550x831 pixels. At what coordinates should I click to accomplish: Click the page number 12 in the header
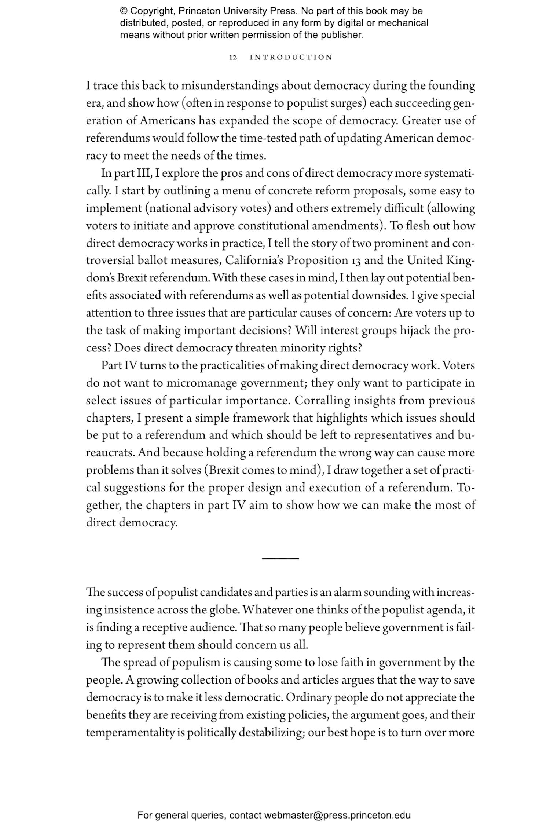[x=233, y=58]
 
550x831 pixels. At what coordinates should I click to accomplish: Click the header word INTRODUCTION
[x=291, y=58]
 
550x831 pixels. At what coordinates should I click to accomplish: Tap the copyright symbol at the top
[x=124, y=11]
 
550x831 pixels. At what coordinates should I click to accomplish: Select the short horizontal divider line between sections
[x=280, y=558]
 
